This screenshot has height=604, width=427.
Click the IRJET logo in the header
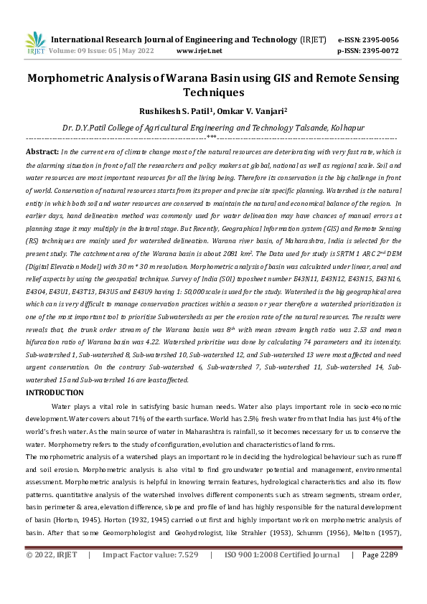(36, 44)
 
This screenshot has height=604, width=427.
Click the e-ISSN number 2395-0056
(380, 39)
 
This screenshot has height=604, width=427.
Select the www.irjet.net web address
(199, 51)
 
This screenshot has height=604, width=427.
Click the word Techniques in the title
(213, 93)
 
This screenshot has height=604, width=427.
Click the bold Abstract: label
(42, 152)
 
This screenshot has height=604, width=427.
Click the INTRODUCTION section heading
(55, 392)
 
